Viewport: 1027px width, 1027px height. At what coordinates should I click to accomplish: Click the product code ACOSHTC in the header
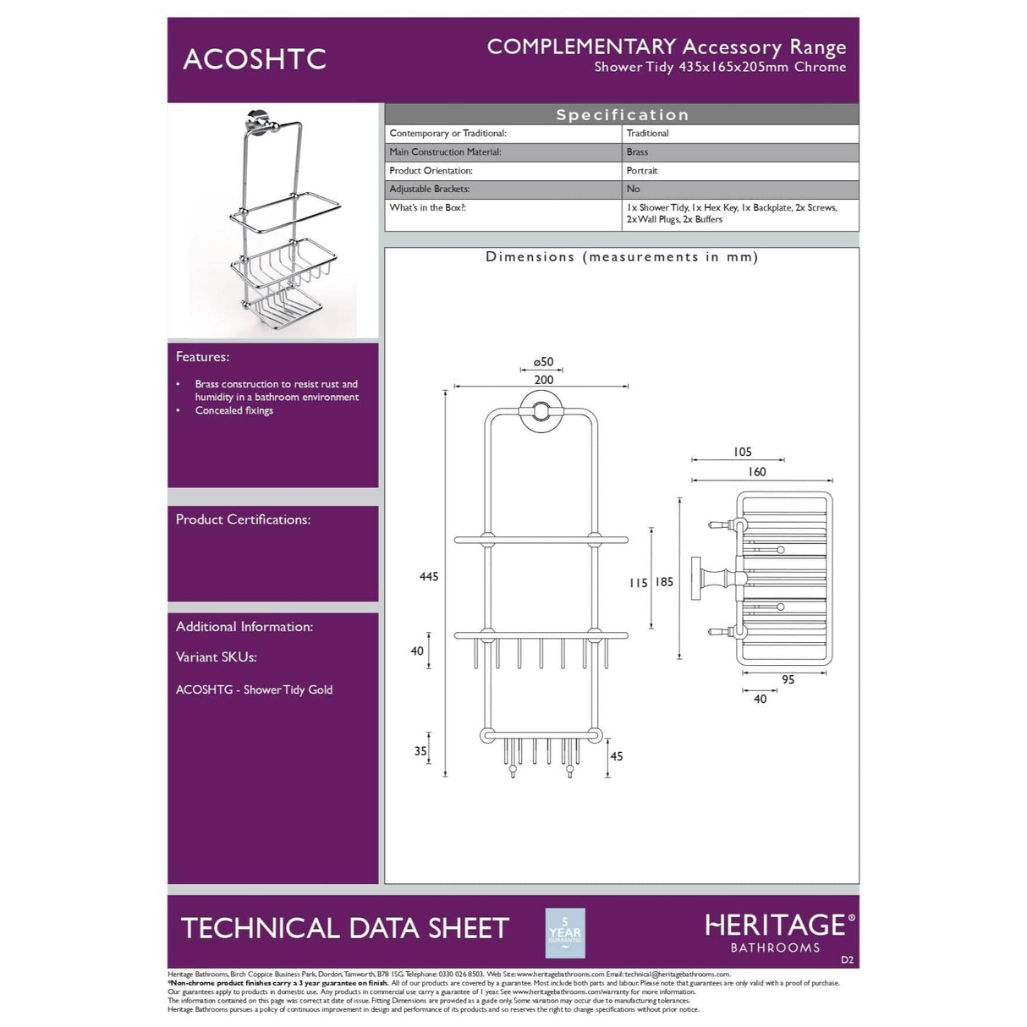coord(255,59)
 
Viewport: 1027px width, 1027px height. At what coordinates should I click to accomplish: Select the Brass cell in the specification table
coord(638,152)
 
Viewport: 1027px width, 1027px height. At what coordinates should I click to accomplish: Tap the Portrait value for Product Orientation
coord(642,171)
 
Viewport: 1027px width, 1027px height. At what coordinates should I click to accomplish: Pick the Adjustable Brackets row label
coord(430,189)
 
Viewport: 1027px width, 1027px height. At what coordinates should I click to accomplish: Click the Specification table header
coord(622,115)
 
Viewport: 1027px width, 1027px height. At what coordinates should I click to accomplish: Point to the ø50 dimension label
coord(543,362)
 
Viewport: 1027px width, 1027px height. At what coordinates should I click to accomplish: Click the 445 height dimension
coord(429,577)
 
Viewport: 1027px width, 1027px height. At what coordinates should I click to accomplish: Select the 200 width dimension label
coord(544,380)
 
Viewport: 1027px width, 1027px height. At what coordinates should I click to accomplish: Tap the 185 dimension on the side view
coord(664,582)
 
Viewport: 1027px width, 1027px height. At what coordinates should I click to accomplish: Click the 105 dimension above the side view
coord(743,453)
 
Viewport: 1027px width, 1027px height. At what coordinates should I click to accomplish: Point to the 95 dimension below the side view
coord(788,679)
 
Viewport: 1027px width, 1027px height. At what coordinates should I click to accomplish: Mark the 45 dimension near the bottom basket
coord(616,756)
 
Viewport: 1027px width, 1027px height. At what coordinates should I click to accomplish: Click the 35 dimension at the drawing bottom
coord(420,751)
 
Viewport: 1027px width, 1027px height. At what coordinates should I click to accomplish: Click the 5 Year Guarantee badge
coord(565,933)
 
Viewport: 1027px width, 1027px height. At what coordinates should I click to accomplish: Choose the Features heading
coord(202,357)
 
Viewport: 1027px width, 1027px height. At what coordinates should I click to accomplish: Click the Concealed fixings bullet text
coord(234,411)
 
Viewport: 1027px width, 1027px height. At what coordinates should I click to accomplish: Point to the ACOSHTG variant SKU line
coord(254,690)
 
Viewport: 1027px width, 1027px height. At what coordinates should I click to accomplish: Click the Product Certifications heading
coord(243,519)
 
